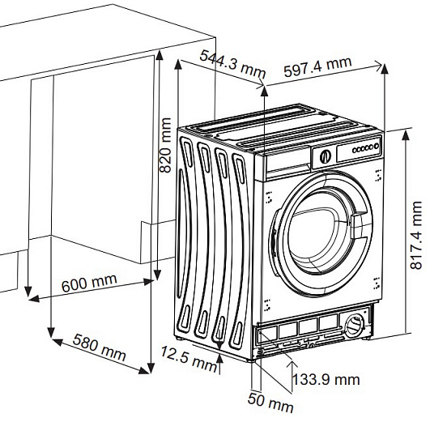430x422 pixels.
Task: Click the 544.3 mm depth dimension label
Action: (232, 64)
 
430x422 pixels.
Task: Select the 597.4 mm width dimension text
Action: (317, 66)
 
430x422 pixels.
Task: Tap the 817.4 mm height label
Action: (416, 235)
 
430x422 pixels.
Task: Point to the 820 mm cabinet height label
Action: (165, 145)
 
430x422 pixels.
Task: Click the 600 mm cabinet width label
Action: (89, 283)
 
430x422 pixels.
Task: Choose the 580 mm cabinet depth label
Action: (99, 347)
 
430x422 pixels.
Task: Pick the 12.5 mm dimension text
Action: (189, 359)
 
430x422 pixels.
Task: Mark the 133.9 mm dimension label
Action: (326, 380)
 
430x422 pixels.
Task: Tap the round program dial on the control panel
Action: (326, 156)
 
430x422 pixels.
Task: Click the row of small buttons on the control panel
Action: (363, 149)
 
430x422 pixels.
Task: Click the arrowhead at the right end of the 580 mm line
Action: (144, 370)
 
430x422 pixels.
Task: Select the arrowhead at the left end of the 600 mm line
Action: (34, 299)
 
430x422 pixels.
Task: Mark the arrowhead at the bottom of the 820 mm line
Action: (157, 275)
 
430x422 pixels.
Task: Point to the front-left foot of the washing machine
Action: (252, 360)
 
